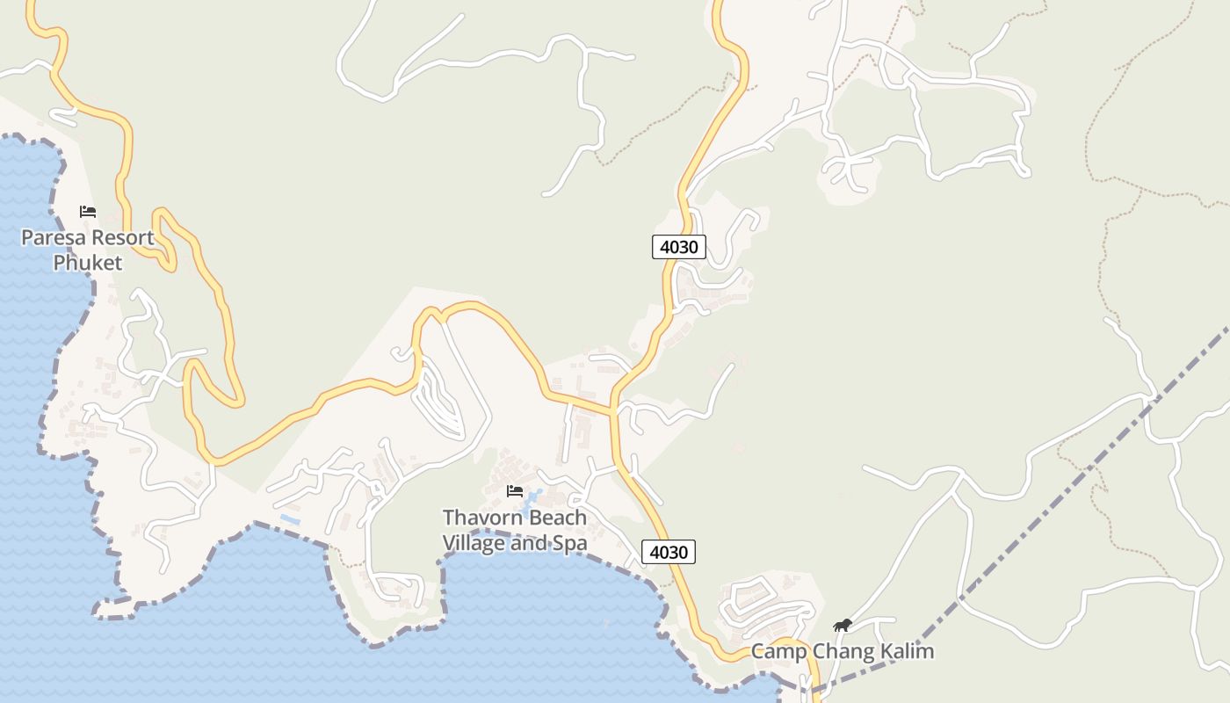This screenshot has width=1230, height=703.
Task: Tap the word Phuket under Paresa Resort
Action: (87, 263)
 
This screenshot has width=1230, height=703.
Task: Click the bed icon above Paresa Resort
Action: (88, 212)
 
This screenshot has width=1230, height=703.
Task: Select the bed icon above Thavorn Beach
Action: (515, 491)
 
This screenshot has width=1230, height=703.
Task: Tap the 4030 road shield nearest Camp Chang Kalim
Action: (669, 552)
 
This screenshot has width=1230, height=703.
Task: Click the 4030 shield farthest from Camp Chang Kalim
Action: (679, 247)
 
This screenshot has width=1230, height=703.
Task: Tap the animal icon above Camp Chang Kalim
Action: (843, 626)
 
